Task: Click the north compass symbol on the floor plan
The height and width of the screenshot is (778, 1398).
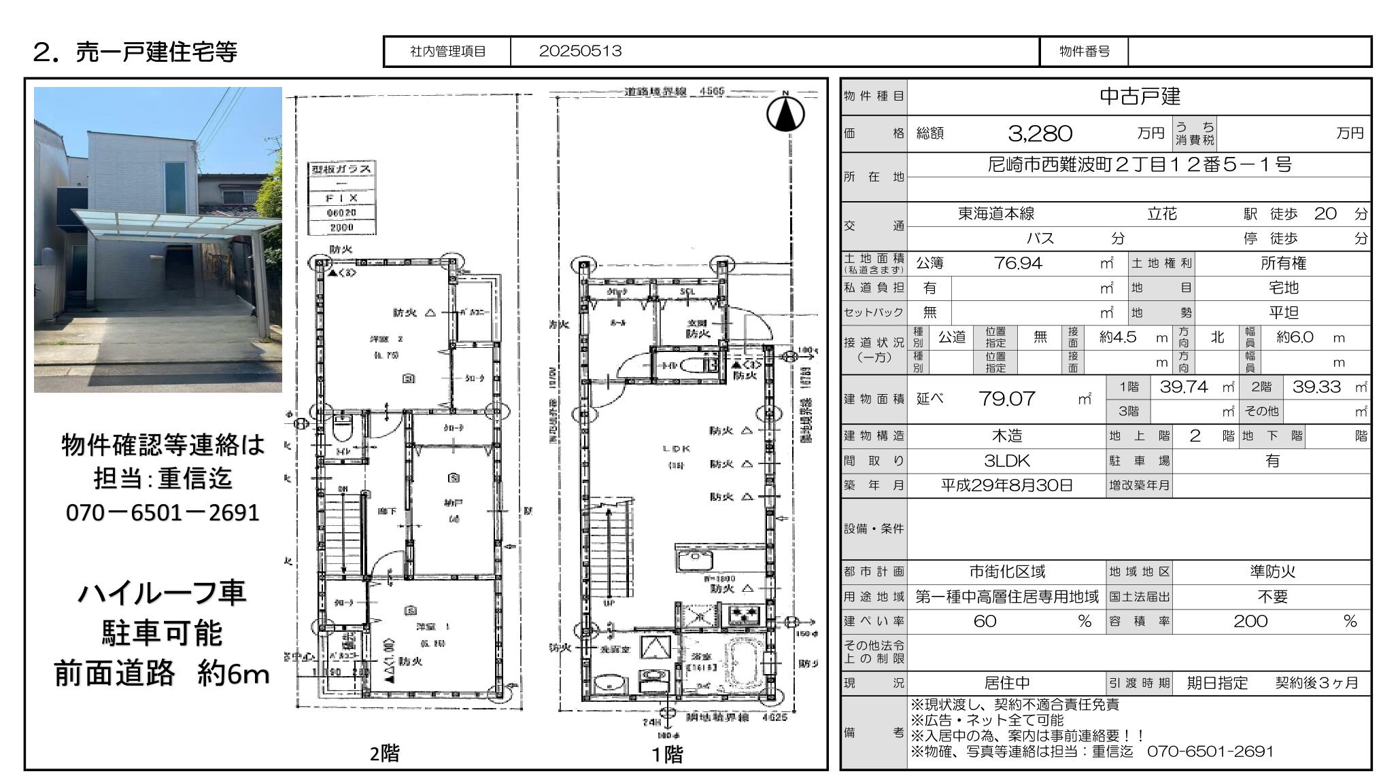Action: [x=785, y=113]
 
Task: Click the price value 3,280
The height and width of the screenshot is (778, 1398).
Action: [x=1040, y=133]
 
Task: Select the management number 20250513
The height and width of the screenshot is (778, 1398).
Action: [x=580, y=52]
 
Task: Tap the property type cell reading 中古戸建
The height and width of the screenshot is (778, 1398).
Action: [x=1140, y=96]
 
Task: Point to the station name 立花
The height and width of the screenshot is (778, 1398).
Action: [x=1161, y=214]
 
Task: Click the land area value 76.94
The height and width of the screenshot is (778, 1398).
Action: [x=1018, y=263]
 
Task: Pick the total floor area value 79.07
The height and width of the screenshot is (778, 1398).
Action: [x=1006, y=399]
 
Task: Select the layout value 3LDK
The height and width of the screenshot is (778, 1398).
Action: [x=1007, y=461]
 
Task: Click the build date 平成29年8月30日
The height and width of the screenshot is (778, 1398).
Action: [x=1006, y=485]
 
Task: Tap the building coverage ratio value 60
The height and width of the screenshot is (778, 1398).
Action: [x=985, y=621]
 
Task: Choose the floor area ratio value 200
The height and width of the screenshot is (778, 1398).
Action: [x=1250, y=621]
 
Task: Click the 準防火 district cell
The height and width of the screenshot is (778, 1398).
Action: [x=1272, y=571]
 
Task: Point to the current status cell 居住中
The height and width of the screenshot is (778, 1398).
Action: [x=1007, y=683]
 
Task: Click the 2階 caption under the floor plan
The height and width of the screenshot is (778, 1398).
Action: [x=385, y=754]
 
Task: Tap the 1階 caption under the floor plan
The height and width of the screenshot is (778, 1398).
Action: [x=667, y=754]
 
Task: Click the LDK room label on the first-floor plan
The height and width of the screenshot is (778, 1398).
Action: [x=676, y=448]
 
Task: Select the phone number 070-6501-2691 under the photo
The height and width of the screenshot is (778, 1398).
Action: [x=163, y=512]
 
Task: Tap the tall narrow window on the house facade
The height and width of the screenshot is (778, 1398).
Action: [x=174, y=187]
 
